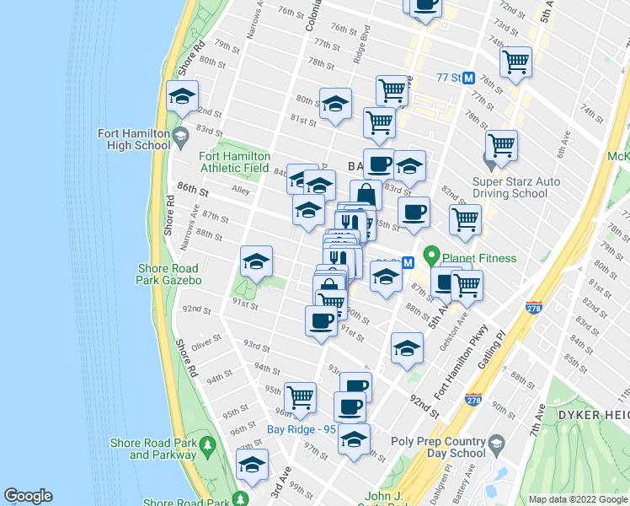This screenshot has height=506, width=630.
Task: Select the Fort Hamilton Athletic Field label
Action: pyautogui.click(x=235, y=162)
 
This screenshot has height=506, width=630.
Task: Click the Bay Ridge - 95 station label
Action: pyautogui.click(x=301, y=428)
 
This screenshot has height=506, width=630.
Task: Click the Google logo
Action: pyautogui.click(x=28, y=496)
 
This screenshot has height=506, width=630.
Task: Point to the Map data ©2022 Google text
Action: pyautogui.click(x=577, y=499)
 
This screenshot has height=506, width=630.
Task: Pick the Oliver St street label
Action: pyautogui.click(x=206, y=342)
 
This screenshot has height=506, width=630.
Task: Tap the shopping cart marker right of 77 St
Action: pyautogui.click(x=515, y=60)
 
